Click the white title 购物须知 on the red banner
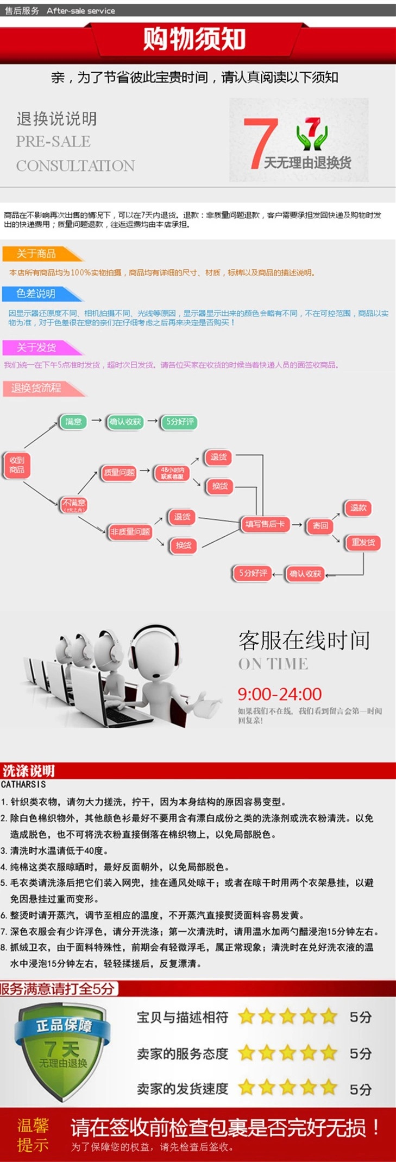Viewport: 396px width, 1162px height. click(194, 39)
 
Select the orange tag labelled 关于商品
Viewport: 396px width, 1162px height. click(37, 253)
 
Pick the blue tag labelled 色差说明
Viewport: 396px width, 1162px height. click(36, 294)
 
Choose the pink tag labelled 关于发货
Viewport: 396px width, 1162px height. click(36, 347)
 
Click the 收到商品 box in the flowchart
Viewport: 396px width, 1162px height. click(17, 465)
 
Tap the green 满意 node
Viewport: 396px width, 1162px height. click(73, 422)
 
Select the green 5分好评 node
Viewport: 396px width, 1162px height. click(180, 422)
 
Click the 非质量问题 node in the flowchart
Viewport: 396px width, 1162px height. click(130, 532)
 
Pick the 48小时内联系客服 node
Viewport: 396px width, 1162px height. click(172, 473)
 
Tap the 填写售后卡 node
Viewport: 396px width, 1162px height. click(265, 524)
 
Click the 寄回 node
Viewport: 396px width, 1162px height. click(320, 525)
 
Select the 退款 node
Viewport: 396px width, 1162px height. click(359, 508)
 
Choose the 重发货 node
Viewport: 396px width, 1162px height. click(363, 542)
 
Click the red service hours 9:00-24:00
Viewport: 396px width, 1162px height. click(279, 694)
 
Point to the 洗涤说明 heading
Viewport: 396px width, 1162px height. click(28, 771)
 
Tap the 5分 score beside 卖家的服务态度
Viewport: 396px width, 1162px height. click(360, 1053)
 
